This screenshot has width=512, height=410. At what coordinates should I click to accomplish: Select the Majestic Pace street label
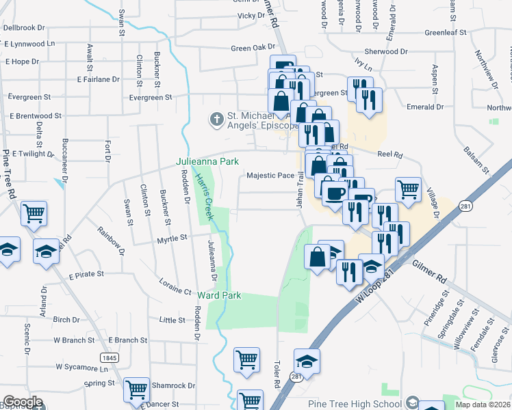tap(270, 176)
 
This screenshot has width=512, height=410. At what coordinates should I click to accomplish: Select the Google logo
tap(23, 402)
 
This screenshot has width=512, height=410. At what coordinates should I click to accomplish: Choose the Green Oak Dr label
tap(252, 48)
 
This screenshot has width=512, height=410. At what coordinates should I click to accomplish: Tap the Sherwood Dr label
tap(385, 51)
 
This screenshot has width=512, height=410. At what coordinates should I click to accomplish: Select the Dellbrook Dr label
tap(24, 28)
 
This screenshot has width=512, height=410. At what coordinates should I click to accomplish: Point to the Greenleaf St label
tap(445, 32)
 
